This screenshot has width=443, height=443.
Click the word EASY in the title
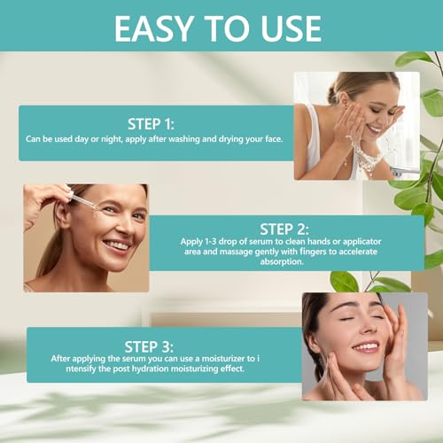point(154,28)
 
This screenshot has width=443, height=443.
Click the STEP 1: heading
point(151,124)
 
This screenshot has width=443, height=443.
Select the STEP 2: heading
point(284,229)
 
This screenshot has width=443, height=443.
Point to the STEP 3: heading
point(149,346)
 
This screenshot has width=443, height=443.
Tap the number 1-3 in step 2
point(210,242)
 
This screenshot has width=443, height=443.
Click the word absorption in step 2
point(282,261)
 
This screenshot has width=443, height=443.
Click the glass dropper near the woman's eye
point(85,203)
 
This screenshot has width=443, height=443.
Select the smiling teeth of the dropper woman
point(116,245)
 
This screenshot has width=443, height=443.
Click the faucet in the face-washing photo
point(405,171)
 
